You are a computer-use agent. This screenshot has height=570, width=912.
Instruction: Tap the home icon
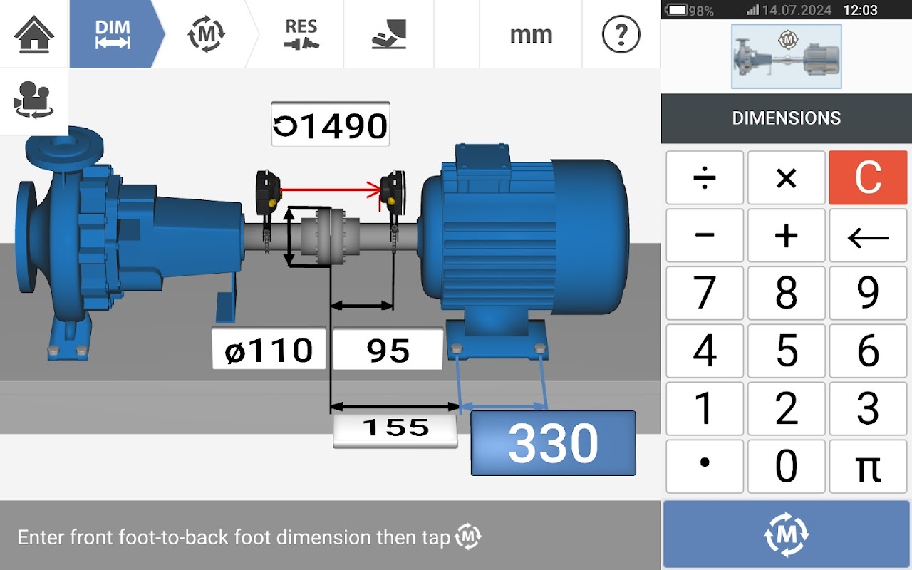(33, 34)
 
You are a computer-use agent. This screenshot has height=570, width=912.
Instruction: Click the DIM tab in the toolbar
(113, 34)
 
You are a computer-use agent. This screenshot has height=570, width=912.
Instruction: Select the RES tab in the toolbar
(301, 34)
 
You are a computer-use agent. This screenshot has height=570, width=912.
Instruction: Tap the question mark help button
(621, 34)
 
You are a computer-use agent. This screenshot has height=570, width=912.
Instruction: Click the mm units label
(532, 35)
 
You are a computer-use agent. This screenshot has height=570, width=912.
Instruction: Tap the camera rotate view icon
(33, 100)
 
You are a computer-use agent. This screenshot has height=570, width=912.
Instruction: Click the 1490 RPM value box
(330, 124)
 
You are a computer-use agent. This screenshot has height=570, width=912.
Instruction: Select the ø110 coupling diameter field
(269, 349)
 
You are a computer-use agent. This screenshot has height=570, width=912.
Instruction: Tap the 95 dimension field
(388, 349)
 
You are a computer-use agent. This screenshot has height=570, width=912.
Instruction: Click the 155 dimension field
(395, 428)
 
